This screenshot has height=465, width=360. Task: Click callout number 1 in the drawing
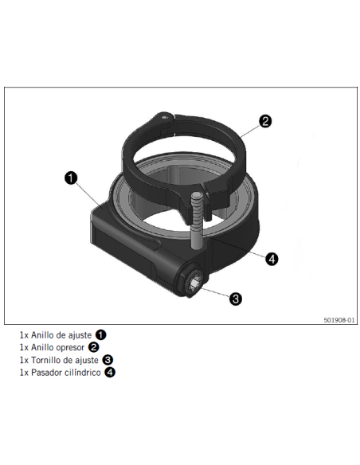(x=71, y=178)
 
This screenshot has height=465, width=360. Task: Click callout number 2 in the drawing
(x=264, y=121)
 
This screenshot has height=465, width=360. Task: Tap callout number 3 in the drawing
(x=236, y=299)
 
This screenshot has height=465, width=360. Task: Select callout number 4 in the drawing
(x=272, y=260)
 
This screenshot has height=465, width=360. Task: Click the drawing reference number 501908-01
(x=338, y=320)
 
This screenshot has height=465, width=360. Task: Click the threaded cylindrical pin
(x=197, y=221)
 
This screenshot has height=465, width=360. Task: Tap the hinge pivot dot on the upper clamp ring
(x=163, y=117)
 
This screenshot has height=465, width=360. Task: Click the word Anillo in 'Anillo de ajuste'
(x=41, y=335)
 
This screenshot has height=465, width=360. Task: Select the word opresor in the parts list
(x=69, y=347)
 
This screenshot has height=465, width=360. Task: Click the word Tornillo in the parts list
(x=46, y=360)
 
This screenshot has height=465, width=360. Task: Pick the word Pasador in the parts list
(x=46, y=373)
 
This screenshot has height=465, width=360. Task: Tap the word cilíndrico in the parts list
(x=83, y=373)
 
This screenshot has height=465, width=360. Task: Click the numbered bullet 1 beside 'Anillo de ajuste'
(x=100, y=334)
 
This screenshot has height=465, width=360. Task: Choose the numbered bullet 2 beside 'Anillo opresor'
(x=93, y=347)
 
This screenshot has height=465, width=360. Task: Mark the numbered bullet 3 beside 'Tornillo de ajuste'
(x=108, y=360)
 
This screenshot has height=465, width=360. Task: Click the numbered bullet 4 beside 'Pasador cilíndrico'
(x=110, y=372)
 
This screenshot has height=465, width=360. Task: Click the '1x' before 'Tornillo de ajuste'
(x=24, y=361)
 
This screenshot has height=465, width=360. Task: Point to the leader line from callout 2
(x=250, y=131)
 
